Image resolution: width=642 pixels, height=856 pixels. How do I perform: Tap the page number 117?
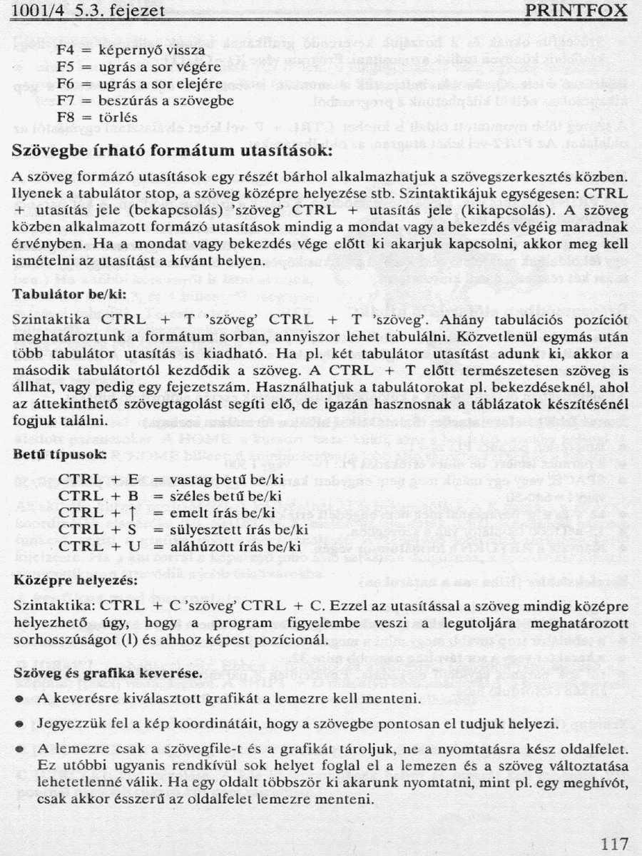point(614,844)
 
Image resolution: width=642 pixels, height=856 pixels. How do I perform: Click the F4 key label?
point(66,51)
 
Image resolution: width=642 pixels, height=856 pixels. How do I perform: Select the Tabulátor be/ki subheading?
point(69,293)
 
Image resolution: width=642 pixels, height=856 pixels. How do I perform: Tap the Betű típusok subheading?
point(61,454)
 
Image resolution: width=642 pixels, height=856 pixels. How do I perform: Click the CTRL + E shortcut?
point(98,479)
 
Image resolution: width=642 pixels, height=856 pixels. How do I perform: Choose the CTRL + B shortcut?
point(98,496)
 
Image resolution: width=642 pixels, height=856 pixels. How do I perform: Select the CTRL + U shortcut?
point(98,546)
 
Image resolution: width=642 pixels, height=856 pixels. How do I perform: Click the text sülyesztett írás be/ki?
point(231,529)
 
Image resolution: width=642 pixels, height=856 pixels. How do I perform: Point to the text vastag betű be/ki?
point(218,479)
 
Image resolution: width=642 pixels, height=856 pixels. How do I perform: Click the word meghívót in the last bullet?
point(600,783)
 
